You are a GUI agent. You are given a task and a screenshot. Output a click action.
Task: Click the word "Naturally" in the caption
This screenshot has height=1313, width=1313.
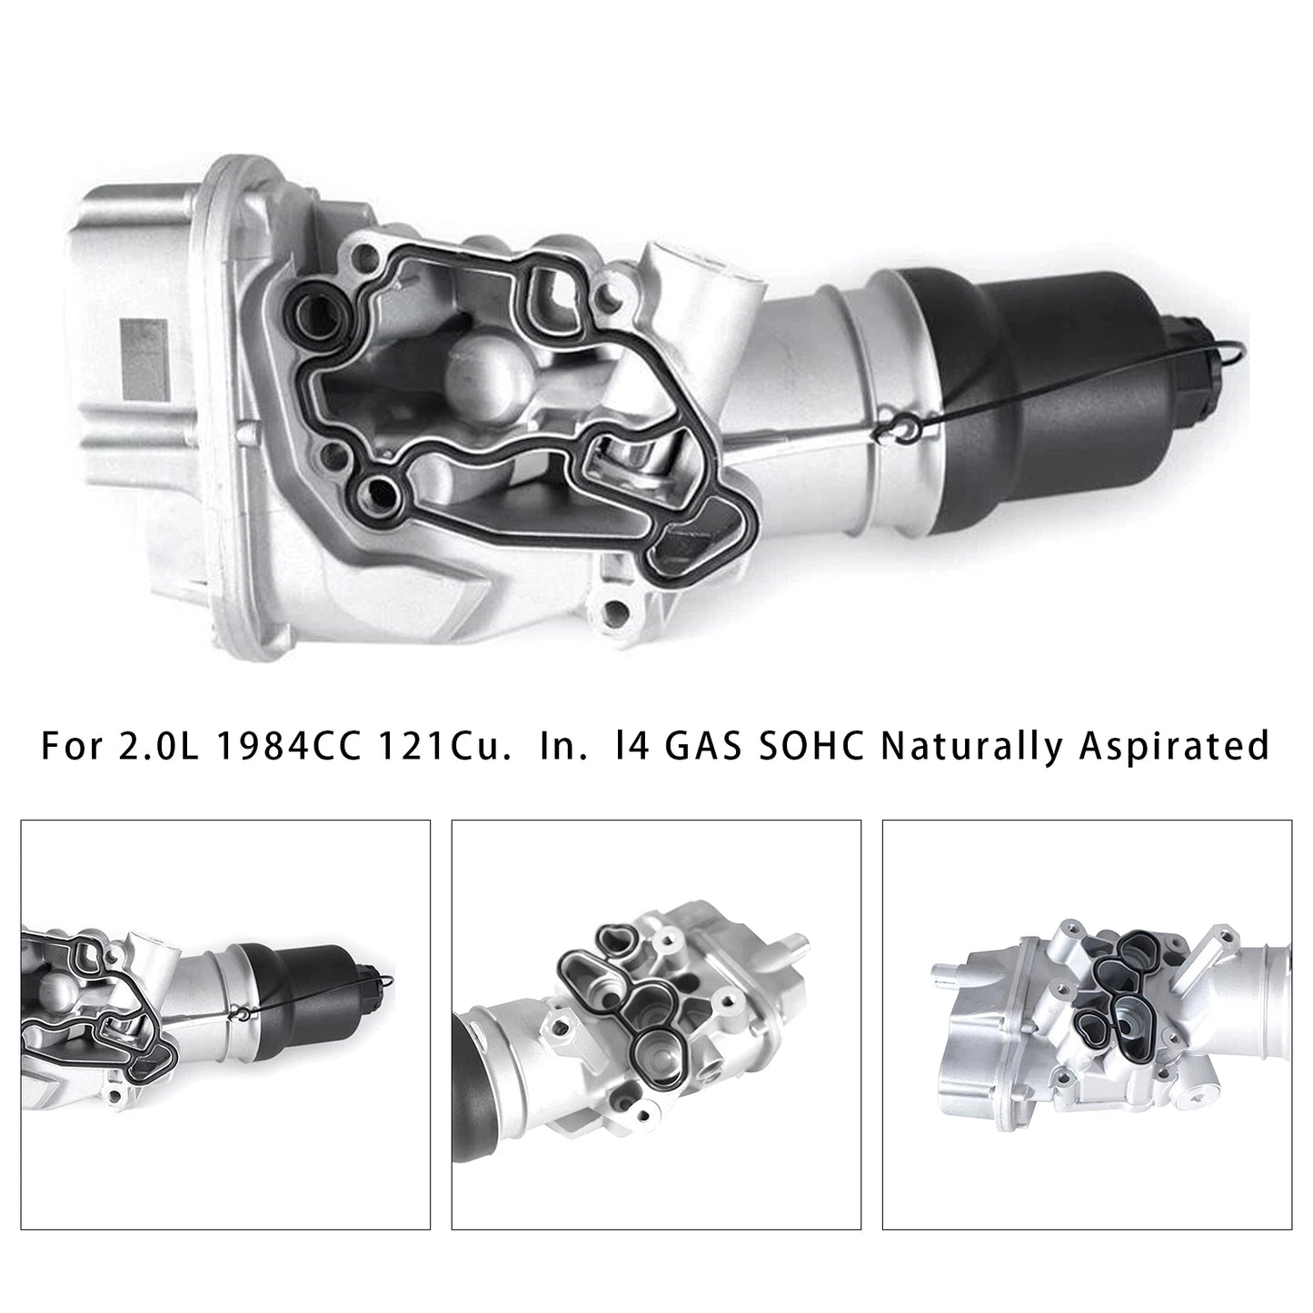tap(971, 745)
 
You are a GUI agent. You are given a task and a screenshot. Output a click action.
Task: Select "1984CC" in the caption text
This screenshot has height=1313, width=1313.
tap(288, 745)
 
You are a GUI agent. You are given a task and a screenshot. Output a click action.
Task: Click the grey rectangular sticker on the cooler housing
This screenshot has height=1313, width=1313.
tap(144, 360)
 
